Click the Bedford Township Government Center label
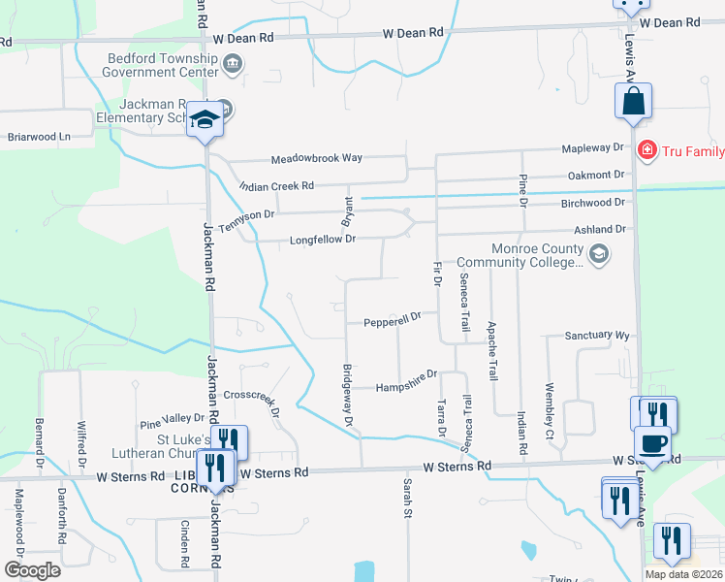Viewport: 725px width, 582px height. (x=161, y=64)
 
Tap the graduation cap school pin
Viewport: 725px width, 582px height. (x=205, y=120)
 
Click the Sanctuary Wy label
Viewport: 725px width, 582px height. (x=597, y=336)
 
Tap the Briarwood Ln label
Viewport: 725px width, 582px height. (x=39, y=137)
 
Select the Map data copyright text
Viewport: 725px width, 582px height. (x=683, y=574)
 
